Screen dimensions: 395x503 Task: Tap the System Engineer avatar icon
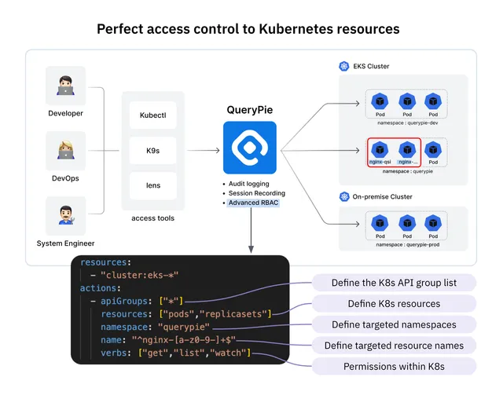(x=65, y=215)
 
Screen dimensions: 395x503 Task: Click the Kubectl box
(x=153, y=115)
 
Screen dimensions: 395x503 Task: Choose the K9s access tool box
(x=153, y=150)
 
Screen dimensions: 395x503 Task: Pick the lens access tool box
(x=153, y=185)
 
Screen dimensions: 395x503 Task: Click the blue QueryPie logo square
(x=249, y=148)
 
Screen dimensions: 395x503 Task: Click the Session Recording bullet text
(x=256, y=193)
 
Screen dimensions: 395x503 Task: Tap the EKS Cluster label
(x=371, y=67)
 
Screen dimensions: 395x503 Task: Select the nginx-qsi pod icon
(x=380, y=149)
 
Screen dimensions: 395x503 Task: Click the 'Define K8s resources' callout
(x=394, y=304)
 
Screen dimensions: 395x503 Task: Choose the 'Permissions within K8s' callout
(x=394, y=366)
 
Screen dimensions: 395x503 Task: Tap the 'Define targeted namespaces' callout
(x=394, y=324)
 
